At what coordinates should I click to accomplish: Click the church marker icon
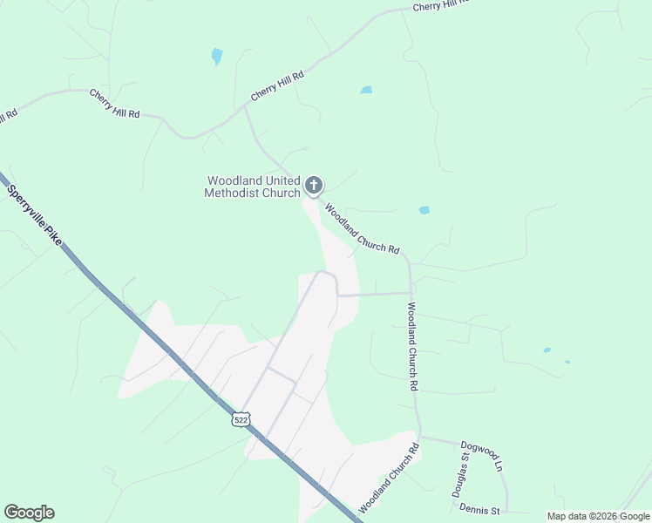tap(314, 186)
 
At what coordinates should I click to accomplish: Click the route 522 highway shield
tap(240, 419)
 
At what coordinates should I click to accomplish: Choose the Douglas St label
tap(460, 475)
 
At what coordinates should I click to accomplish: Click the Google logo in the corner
tap(29, 513)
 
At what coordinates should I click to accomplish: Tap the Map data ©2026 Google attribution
tap(598, 516)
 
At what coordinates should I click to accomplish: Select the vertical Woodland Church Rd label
tap(413, 345)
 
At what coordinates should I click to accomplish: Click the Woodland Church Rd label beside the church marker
tap(362, 228)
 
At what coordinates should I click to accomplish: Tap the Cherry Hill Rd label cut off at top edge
tap(441, 4)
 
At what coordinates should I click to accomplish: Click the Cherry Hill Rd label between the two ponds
tap(277, 85)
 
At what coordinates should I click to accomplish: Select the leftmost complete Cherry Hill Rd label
tap(114, 103)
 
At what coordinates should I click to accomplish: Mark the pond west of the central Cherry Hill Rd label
tap(216, 57)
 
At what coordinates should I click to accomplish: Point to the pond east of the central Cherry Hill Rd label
tap(366, 90)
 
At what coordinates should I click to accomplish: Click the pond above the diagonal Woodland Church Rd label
tap(424, 210)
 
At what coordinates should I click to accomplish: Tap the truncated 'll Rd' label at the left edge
tap(8, 115)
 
